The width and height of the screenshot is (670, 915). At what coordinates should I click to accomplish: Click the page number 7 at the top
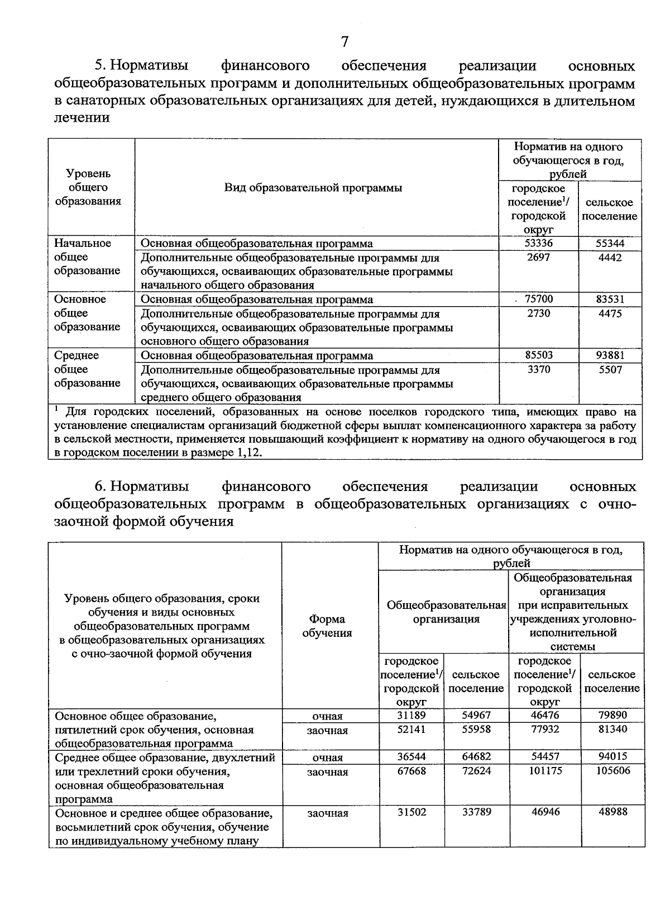coord(344,41)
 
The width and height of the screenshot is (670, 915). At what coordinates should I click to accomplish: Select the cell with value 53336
coord(538,244)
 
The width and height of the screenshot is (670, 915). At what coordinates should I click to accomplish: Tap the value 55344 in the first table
coord(610,244)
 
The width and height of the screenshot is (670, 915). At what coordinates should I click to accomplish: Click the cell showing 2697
coord(538,258)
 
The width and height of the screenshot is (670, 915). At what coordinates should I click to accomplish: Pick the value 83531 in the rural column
coord(610,299)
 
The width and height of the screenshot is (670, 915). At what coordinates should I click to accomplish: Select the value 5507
coord(610,370)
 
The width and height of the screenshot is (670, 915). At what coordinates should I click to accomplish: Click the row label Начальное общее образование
coord(88,257)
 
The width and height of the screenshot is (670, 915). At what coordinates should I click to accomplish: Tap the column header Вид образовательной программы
coord(313,188)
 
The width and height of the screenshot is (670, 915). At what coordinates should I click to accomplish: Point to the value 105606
coord(612,771)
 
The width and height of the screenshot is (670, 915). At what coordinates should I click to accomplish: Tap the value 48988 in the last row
coord(612,812)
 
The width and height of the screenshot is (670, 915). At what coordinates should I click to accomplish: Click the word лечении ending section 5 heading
coord(82,117)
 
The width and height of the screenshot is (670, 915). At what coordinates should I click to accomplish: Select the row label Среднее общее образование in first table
coord(88,369)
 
